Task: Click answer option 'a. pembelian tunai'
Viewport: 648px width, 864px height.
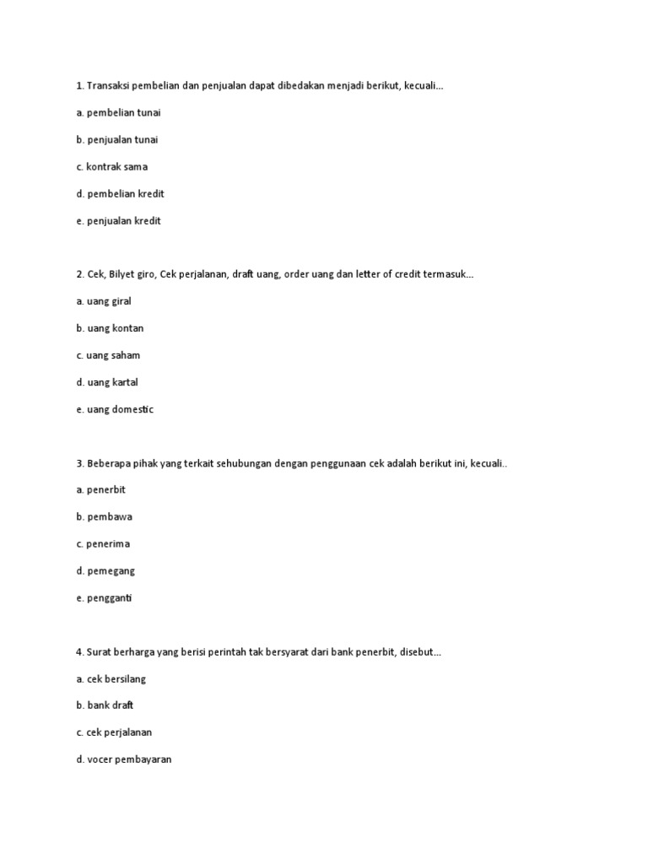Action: pos(119,112)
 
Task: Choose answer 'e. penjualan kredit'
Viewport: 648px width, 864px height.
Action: pos(118,220)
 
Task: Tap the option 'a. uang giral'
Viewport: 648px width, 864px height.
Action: pos(104,301)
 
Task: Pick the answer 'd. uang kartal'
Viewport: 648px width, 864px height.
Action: pos(107,382)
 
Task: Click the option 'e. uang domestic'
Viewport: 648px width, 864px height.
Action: pos(115,409)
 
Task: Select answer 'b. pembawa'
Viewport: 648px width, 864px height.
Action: pos(105,516)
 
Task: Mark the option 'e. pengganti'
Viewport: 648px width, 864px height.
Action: pos(105,597)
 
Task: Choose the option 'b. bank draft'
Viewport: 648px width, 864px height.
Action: pos(105,705)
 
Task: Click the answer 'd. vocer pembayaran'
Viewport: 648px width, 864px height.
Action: pos(124,759)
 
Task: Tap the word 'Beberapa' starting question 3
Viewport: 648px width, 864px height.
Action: pos(109,463)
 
